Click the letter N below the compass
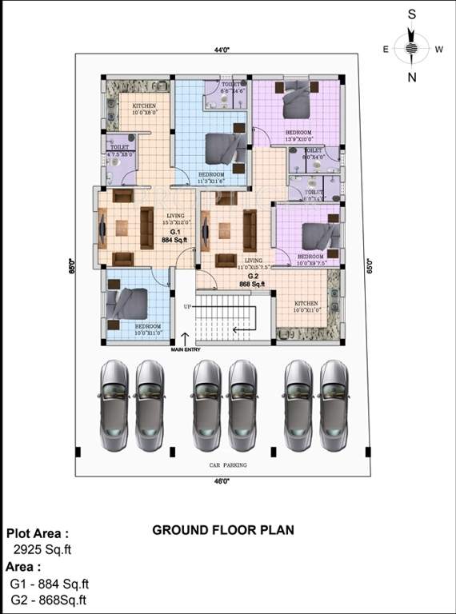pyautogui.click(x=412, y=77)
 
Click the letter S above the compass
pyautogui.click(x=411, y=14)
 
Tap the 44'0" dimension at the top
pyautogui.click(x=222, y=50)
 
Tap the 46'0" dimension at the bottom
pyautogui.click(x=222, y=481)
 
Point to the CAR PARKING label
pyautogui.click(x=227, y=464)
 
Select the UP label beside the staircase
pyautogui.click(x=188, y=307)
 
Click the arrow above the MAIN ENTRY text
pyautogui.click(x=186, y=337)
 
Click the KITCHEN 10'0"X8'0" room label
pyautogui.click(x=146, y=109)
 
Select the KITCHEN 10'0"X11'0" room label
pyautogui.click(x=306, y=306)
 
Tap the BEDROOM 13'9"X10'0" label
pyautogui.click(x=298, y=135)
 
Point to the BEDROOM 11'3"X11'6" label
pyautogui.click(x=212, y=177)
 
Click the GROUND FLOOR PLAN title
pyautogui.click(x=223, y=529)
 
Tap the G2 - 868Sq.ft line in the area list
pyautogui.click(x=49, y=600)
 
